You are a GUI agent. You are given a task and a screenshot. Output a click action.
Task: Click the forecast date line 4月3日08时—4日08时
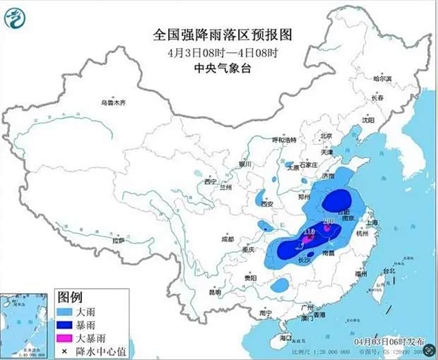(x=222, y=52)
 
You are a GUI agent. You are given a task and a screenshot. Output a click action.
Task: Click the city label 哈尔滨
(x=381, y=79)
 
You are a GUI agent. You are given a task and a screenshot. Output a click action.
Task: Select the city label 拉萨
(x=117, y=240)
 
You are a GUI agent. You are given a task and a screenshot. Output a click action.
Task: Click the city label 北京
(x=326, y=136)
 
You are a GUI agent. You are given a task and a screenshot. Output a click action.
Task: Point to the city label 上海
(x=373, y=222)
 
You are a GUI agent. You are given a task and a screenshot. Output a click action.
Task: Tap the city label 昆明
(x=215, y=291)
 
